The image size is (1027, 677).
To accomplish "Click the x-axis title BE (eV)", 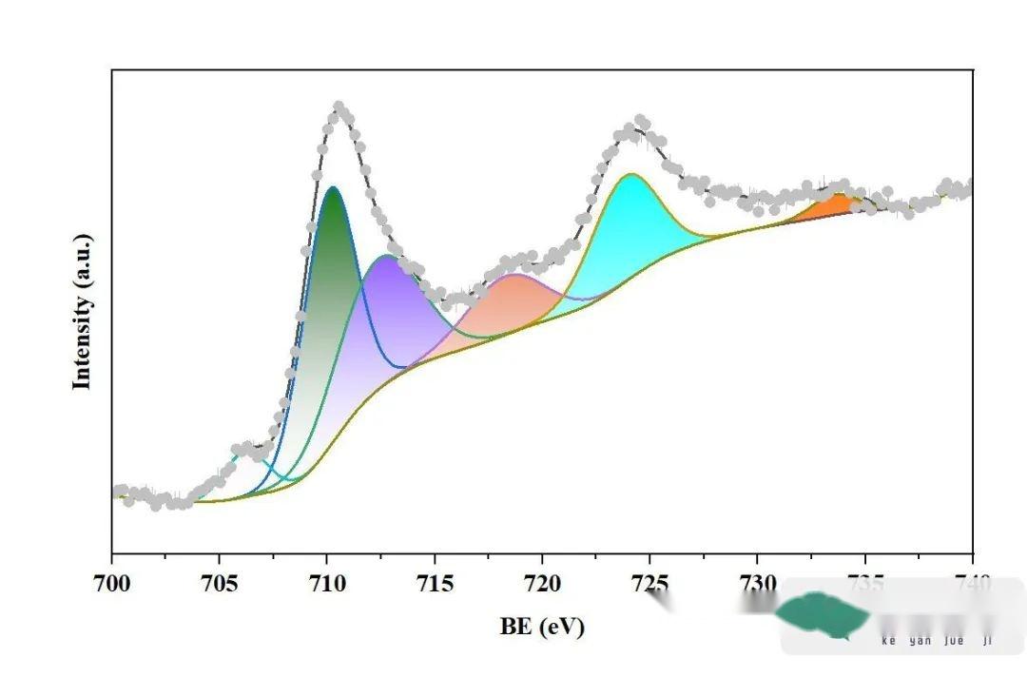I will coord(542,627).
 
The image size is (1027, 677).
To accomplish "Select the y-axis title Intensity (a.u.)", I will coord(84,311).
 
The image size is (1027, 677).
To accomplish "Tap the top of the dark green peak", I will coord(333,189).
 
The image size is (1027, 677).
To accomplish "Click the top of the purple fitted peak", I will coord(386,257).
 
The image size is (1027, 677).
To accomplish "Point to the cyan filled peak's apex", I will coord(630,176).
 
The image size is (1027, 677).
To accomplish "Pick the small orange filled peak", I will coord(835,204).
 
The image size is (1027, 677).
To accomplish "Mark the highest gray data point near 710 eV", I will coord(339,106).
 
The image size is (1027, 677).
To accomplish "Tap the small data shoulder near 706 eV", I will coord(245,446).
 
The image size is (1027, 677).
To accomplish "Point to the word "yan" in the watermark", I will coord(920,641).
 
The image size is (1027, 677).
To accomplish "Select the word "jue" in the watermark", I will coord(954,641).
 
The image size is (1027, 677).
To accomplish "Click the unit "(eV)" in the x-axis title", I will coord(563,627).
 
